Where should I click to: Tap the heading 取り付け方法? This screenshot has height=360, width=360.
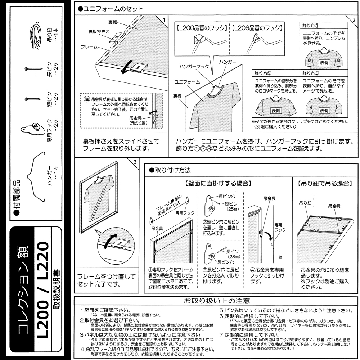click(170, 169)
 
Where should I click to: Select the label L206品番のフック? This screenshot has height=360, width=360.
click(257, 28)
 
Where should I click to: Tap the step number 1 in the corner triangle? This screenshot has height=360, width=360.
click(164, 19)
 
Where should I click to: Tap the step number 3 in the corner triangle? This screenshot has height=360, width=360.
click(135, 162)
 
